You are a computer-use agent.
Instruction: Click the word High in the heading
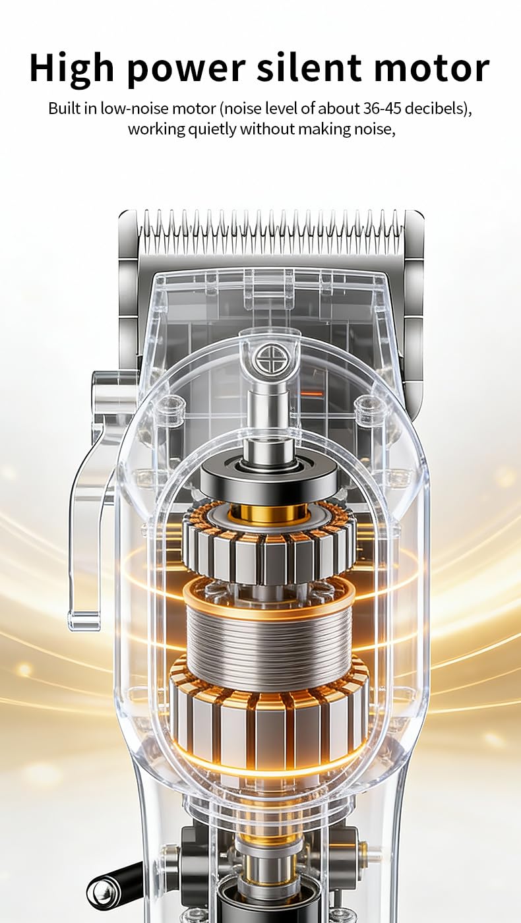71,69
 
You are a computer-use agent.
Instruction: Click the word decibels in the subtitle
437,109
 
